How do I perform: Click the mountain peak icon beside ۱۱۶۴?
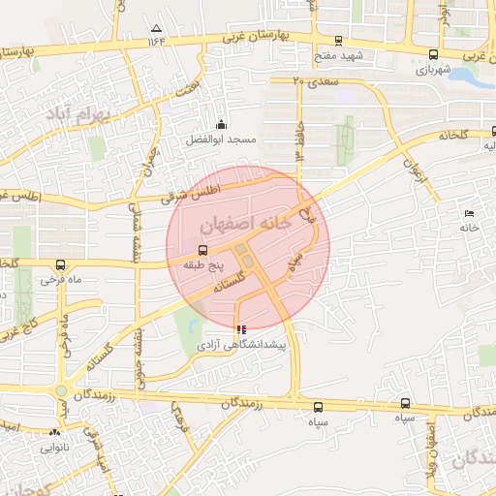tap(157, 28)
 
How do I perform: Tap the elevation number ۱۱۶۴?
tap(157, 42)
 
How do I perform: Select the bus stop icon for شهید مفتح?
tap(338, 41)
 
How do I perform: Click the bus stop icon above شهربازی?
tap(432, 54)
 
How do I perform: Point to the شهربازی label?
tap(433, 70)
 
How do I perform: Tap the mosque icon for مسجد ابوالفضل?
tap(221, 124)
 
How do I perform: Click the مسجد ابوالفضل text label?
tap(222, 139)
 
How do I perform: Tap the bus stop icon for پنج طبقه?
tap(202, 250)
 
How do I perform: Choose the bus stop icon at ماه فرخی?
tap(61, 264)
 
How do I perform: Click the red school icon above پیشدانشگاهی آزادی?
tap(241, 329)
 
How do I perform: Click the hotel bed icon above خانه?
tap(470, 213)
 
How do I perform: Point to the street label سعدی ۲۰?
tap(316, 82)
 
